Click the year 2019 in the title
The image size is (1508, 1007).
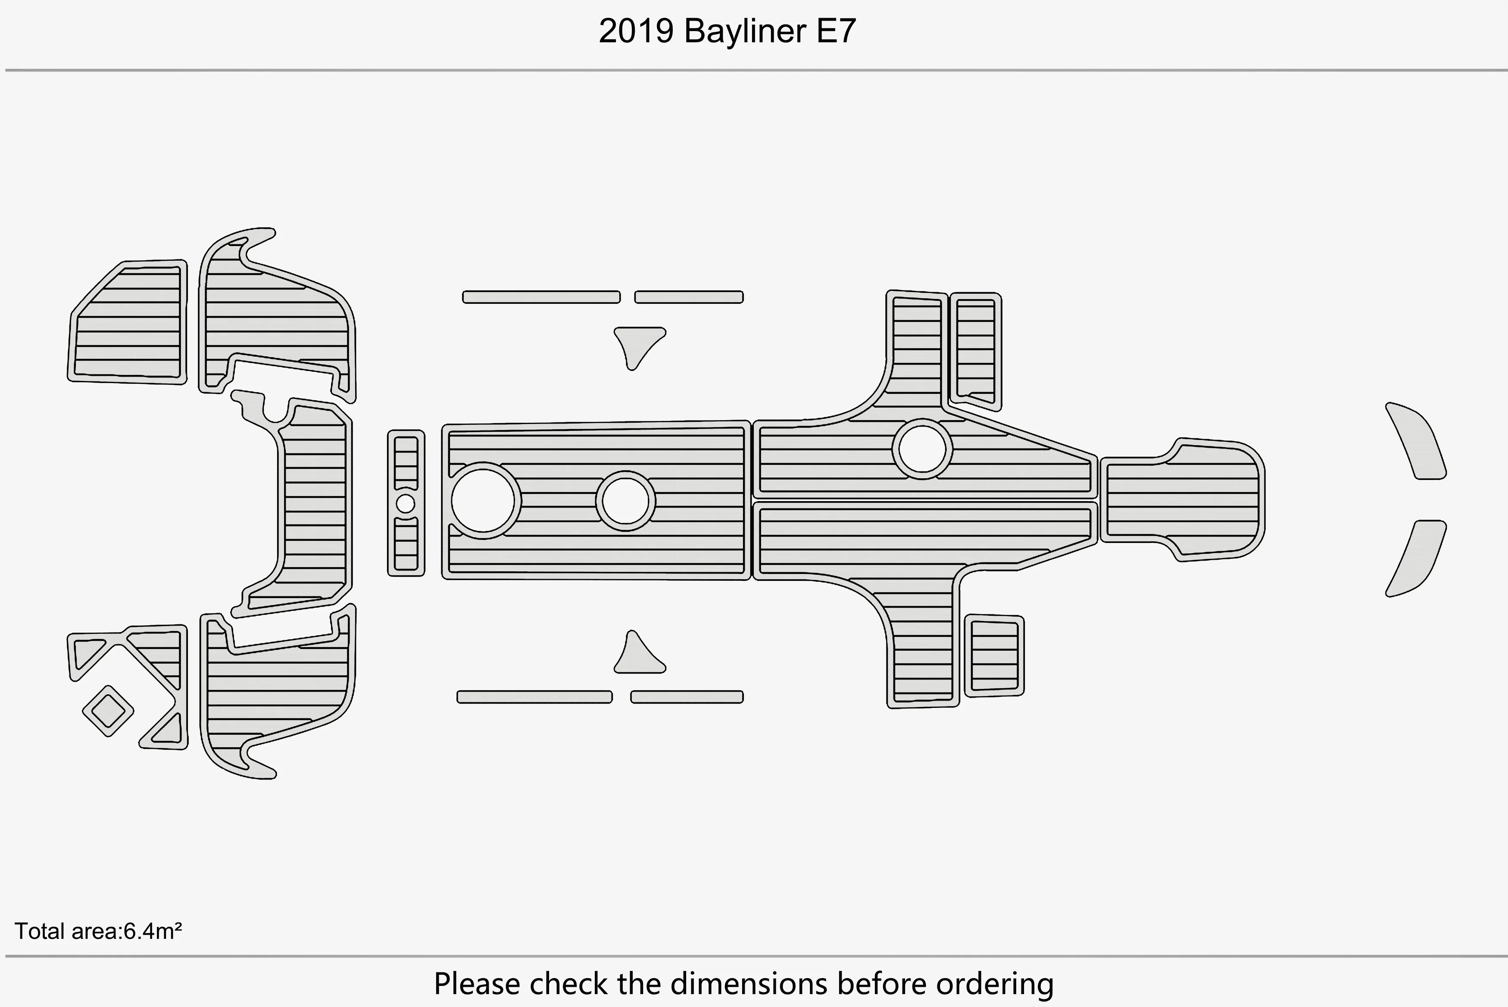(x=636, y=31)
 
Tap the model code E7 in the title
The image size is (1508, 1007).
(x=836, y=31)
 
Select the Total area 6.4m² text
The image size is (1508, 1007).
(x=98, y=931)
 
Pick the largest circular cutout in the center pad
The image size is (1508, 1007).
(x=483, y=501)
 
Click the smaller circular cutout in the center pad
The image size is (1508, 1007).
(x=625, y=501)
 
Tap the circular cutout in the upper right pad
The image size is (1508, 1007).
(x=922, y=449)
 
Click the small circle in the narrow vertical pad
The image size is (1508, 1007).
(x=405, y=503)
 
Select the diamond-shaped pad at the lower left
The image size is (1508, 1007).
(x=108, y=710)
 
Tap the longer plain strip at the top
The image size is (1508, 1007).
(x=541, y=297)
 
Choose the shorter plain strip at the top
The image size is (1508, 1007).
(x=688, y=297)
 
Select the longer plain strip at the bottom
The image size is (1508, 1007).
(x=534, y=697)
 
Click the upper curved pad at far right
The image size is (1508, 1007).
(x=1416, y=441)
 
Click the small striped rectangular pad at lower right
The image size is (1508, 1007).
(x=994, y=655)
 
